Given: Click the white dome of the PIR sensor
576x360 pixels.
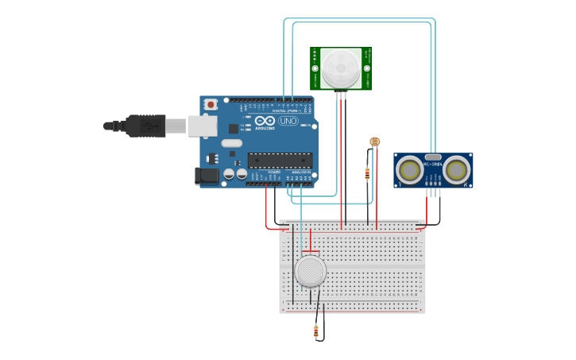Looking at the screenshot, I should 341,68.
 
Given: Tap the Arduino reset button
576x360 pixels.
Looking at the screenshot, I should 211,104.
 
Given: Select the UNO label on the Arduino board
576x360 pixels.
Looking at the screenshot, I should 288,121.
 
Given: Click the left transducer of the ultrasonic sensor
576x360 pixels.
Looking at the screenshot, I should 410,169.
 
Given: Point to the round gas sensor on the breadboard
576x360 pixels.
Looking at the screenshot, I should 310,271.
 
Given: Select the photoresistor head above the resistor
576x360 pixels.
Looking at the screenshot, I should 374,141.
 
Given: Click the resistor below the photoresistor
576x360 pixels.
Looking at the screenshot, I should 367,173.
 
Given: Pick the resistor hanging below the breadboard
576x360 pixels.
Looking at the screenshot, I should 316,331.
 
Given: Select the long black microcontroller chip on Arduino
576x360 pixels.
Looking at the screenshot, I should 280,160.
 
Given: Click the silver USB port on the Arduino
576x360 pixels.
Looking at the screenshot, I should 203,126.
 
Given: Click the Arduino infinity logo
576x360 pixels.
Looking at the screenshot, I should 265,121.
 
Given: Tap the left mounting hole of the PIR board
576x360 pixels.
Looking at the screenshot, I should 315,68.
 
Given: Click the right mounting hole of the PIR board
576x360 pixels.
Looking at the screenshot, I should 367,68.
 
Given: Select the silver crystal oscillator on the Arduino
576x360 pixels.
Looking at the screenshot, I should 231,143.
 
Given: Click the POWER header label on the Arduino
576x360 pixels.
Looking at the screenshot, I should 274,172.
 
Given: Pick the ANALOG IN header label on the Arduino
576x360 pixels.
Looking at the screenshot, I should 301,172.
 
